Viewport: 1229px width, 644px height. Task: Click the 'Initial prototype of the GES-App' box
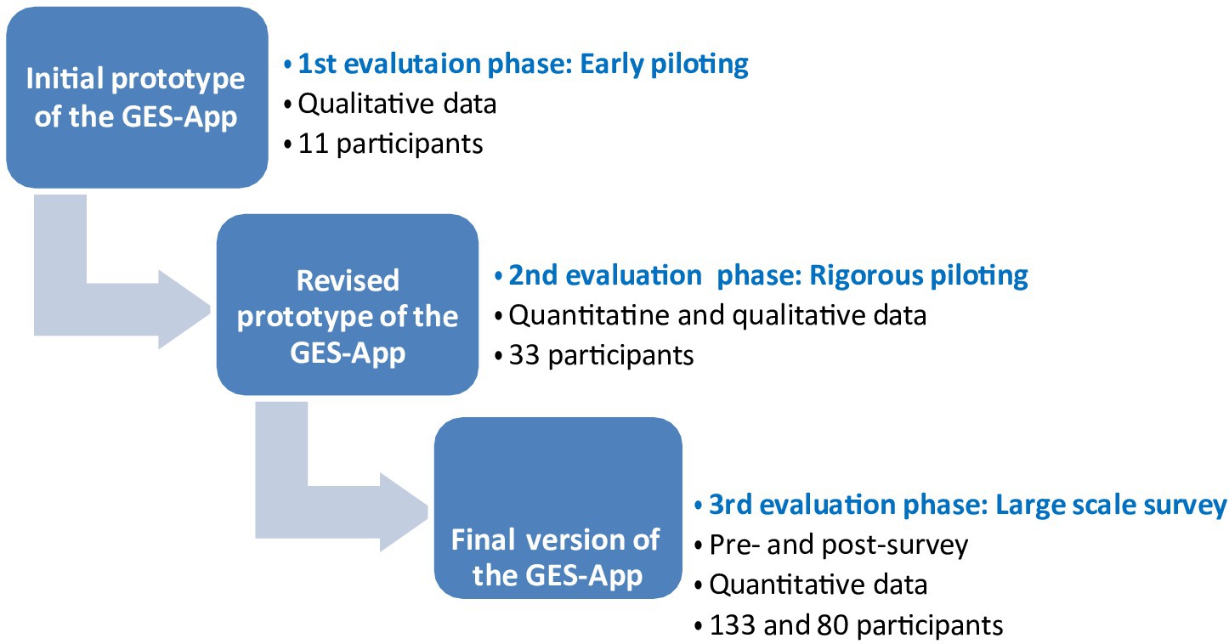click(x=137, y=98)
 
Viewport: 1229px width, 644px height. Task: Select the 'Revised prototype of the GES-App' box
click(x=348, y=304)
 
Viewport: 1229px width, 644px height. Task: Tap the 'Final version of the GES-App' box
click(x=558, y=507)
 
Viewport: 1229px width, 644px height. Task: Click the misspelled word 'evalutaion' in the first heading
click(x=412, y=65)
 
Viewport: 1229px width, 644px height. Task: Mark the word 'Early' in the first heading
click(x=611, y=65)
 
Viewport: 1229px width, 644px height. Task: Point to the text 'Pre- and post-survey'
click(x=839, y=545)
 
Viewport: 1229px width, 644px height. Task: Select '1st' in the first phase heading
click(x=316, y=65)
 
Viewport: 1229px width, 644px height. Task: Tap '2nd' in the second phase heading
click(x=533, y=275)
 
